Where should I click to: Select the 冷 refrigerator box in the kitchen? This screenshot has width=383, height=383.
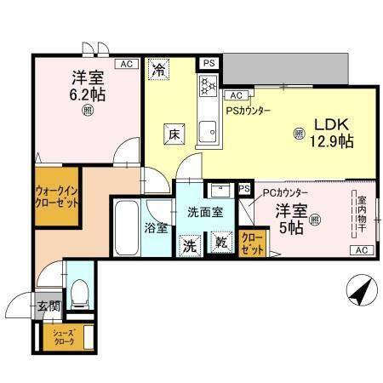(158, 70)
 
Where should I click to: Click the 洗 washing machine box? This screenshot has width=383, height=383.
(190, 243)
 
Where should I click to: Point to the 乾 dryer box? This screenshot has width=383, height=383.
(220, 243)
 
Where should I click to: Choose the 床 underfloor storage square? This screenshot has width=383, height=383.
(172, 134)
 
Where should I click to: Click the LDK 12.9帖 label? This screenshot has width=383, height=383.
(330, 134)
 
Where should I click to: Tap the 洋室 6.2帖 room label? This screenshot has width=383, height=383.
(86, 85)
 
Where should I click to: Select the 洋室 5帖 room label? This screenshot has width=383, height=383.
(290, 219)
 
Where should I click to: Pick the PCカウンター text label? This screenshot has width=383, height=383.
(284, 192)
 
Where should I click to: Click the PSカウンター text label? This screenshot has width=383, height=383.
(248, 111)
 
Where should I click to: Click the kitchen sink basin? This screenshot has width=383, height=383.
(206, 130)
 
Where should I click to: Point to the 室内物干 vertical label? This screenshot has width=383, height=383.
(361, 212)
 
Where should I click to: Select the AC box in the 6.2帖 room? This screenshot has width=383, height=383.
(126, 64)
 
